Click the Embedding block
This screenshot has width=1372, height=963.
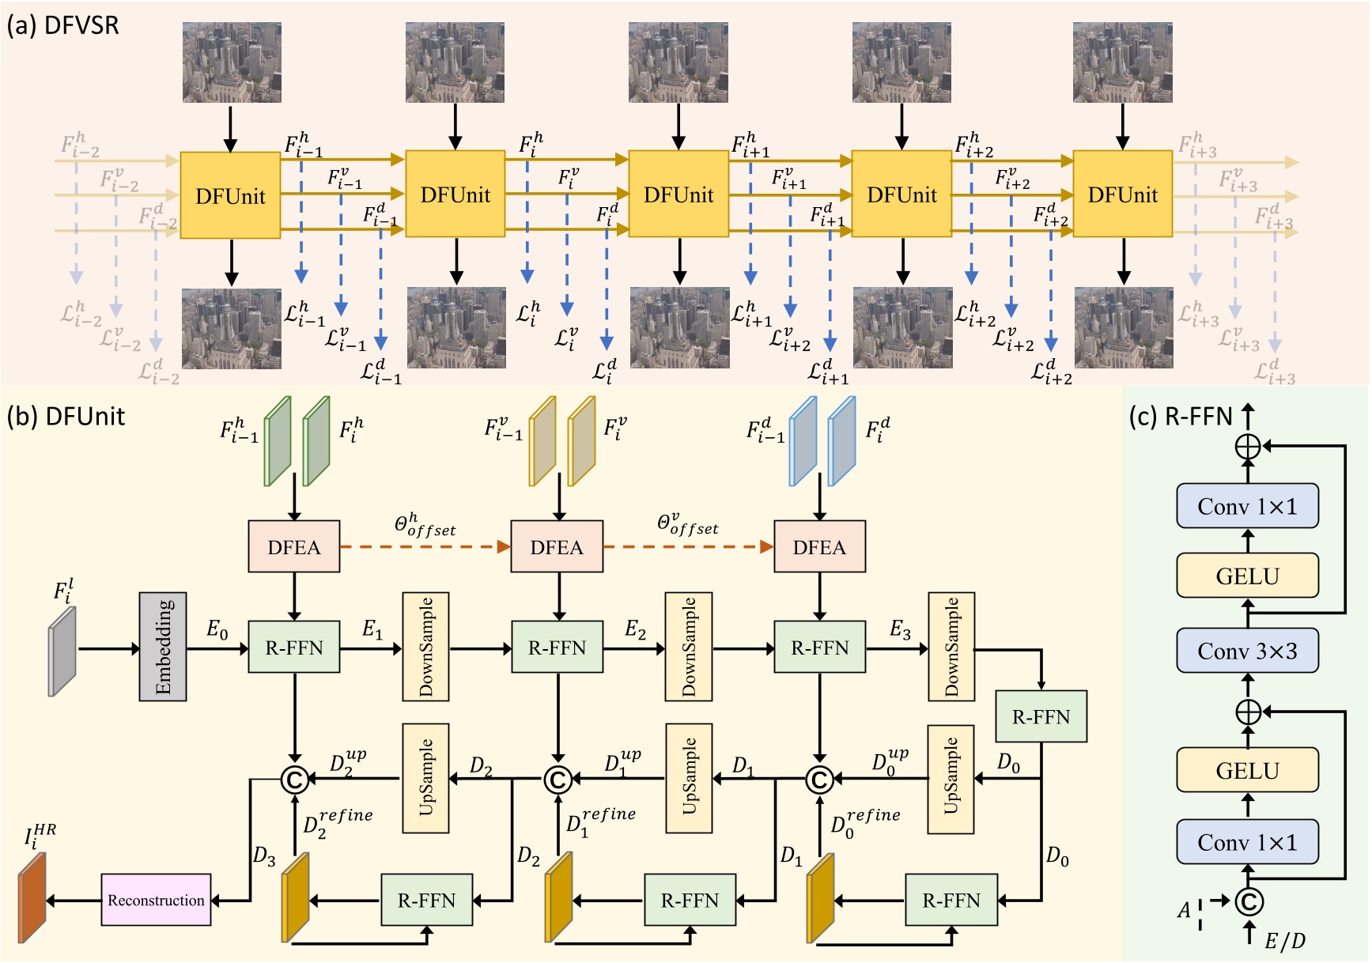(x=163, y=646)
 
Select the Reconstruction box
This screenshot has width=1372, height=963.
(x=156, y=900)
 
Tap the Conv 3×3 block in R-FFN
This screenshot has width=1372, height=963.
(x=1247, y=651)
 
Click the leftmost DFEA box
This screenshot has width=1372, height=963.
(x=294, y=546)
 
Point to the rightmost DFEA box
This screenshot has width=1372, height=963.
(x=819, y=546)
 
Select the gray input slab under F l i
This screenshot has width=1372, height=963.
(x=62, y=651)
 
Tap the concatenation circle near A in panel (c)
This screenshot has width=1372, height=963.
(x=1248, y=901)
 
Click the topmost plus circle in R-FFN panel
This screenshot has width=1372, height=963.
(x=1248, y=447)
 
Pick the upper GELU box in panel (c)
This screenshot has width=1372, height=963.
(x=1247, y=576)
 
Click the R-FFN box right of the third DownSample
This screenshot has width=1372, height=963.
(x=1041, y=716)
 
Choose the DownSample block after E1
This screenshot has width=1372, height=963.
(x=426, y=646)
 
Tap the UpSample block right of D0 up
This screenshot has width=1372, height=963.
(x=951, y=779)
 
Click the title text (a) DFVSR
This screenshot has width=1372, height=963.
(x=63, y=25)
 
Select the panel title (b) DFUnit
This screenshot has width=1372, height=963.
(x=66, y=416)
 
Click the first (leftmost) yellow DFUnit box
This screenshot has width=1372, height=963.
(x=230, y=195)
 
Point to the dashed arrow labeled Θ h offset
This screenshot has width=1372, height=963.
(x=425, y=546)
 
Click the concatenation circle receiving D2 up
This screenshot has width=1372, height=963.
(x=294, y=780)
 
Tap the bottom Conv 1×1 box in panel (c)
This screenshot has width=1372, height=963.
(x=1247, y=842)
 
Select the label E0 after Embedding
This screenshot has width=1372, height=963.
(x=217, y=630)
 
